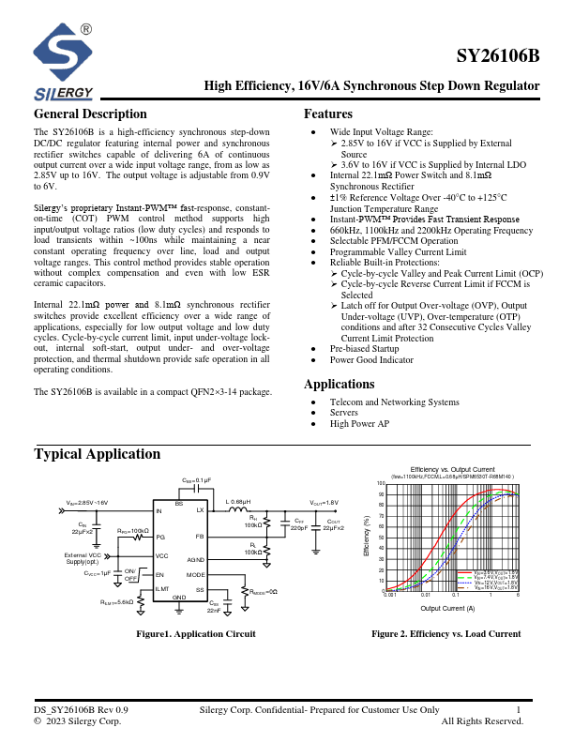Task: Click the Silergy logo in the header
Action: coord(64,62)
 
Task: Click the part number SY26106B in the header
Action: coord(498,55)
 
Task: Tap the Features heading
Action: coord(328,114)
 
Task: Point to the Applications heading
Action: coord(340,384)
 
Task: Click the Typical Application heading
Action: coord(98,454)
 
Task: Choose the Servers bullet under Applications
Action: coord(343,413)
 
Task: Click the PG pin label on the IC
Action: coord(160,537)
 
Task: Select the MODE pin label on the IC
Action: coord(195,574)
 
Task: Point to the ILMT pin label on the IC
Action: coord(162,588)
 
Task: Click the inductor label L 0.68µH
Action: coord(238,502)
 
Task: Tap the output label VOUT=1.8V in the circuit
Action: coord(325,503)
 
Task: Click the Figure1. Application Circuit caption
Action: coord(196,634)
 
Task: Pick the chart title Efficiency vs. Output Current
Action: coord(452,469)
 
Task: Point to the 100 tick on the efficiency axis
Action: coord(382,483)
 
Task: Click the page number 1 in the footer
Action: coord(519,710)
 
